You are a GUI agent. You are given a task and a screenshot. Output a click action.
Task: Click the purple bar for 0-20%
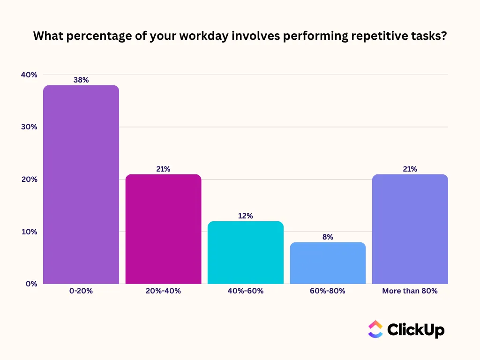click(81, 185)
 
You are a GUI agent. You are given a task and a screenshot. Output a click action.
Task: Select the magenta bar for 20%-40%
click(164, 229)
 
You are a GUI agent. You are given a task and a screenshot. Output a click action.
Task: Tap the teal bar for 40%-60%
click(246, 253)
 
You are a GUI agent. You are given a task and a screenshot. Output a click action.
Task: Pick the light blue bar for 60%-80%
click(328, 263)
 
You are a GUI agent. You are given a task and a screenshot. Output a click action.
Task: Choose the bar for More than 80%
click(410, 229)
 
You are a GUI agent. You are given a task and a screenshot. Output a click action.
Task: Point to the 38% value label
click(81, 80)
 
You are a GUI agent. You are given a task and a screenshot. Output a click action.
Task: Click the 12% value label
click(246, 216)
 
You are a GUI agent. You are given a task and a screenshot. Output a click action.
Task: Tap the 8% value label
click(328, 237)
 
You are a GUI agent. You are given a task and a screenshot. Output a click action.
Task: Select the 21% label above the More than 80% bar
click(410, 169)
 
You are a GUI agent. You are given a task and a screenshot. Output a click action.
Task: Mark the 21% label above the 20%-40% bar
click(163, 169)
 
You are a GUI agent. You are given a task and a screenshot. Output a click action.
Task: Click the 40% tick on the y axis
click(29, 75)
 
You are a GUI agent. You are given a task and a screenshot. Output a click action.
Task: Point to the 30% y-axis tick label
click(29, 127)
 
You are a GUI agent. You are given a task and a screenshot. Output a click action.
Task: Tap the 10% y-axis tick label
click(30, 232)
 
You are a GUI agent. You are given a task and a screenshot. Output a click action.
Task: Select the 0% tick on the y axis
click(31, 284)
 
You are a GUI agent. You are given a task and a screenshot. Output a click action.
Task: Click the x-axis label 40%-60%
click(246, 291)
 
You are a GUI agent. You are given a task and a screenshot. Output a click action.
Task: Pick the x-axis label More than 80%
click(410, 291)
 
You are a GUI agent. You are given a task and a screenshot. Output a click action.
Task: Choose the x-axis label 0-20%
click(81, 291)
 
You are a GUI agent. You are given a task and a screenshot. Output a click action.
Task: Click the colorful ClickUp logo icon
click(375, 329)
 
